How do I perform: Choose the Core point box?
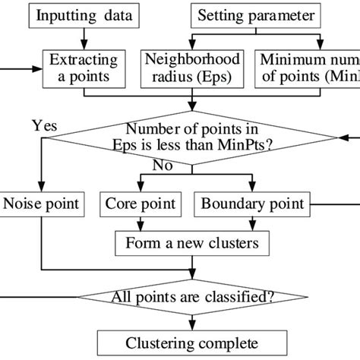tap(141, 204)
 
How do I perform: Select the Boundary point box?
tap(252, 204)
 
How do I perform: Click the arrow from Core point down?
tap(141, 223)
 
